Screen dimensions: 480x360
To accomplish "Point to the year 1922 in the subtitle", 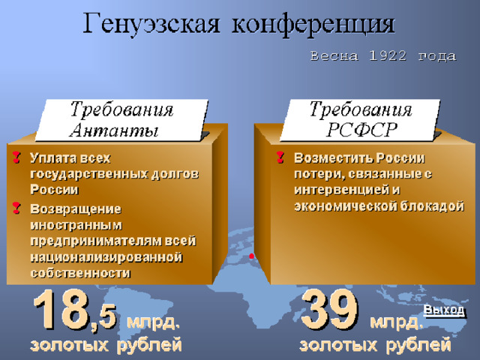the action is point(388,55).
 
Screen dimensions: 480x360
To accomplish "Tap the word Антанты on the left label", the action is point(114,130).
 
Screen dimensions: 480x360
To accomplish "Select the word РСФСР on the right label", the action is point(361,130).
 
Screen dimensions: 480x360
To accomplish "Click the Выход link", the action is point(444,310).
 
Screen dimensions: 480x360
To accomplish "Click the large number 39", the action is point(330,309).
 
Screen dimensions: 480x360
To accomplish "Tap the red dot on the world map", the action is point(252,256).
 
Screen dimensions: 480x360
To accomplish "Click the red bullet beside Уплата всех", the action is point(16,157).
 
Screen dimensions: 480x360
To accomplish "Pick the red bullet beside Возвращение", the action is point(16,208).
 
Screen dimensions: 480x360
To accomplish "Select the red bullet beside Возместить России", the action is point(280,157).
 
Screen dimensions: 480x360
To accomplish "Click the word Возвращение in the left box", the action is point(76,209).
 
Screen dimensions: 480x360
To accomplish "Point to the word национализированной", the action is point(106,257).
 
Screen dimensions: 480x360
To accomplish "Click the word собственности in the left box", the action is point(80,273).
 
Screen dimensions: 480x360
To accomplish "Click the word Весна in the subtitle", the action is point(334,56).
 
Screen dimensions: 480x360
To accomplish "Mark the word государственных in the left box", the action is point(89,174).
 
